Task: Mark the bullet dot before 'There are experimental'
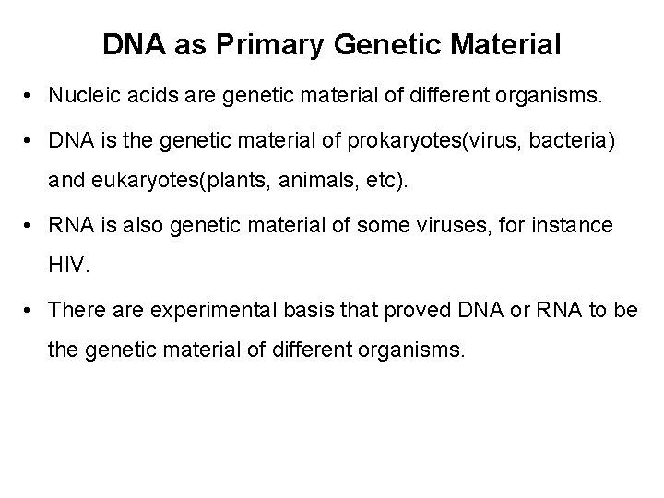click(x=31, y=311)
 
